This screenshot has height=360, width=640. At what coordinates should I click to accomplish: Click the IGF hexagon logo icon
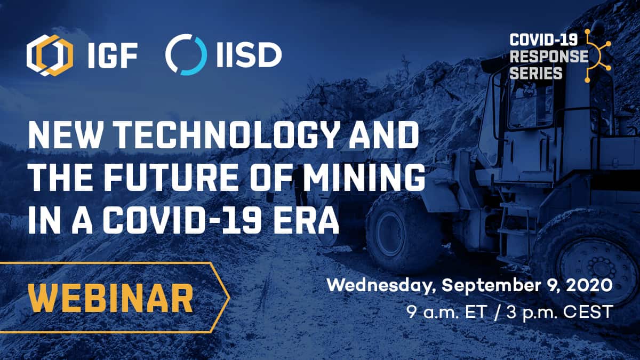pos(50,55)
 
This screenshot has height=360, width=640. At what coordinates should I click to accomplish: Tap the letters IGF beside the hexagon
pos(113,55)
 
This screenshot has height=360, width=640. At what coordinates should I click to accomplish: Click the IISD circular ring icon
pos(186,54)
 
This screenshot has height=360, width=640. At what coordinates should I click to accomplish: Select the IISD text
pos(249,55)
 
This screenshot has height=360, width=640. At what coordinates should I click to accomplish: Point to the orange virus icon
pos(598,56)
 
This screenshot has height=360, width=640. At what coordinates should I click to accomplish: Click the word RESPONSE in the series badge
pos(549,57)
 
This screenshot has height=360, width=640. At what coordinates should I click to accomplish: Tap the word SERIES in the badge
pos(536,73)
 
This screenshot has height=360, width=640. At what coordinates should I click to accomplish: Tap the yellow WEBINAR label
pos(111,298)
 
